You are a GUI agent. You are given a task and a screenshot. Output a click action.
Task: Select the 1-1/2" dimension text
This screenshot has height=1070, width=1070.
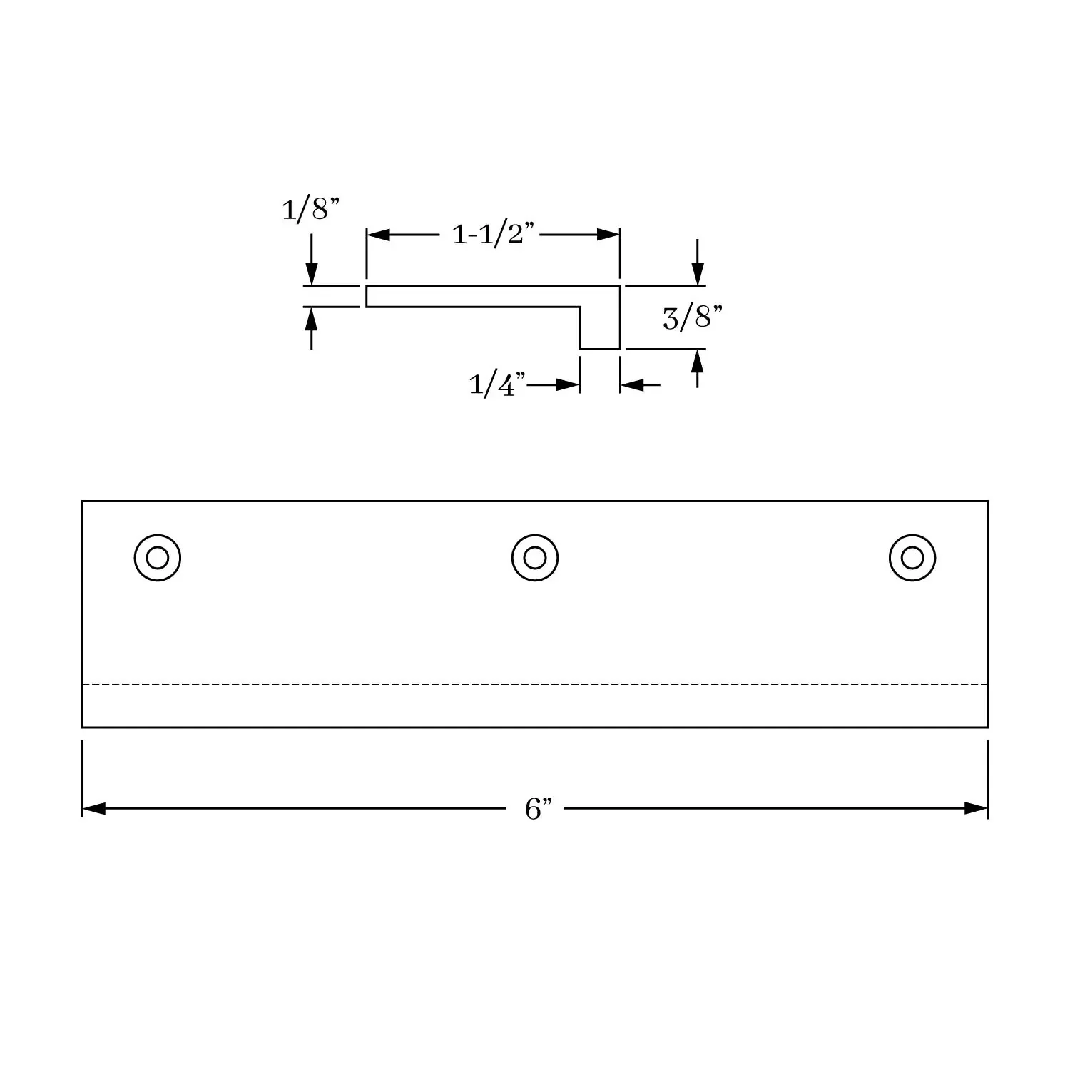coord(494,233)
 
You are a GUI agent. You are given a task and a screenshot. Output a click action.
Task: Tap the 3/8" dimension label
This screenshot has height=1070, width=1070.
coord(688,317)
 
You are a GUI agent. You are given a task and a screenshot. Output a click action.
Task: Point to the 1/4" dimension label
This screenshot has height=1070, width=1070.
coord(497,385)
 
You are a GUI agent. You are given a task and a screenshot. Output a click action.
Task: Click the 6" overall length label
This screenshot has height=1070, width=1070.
coord(539,809)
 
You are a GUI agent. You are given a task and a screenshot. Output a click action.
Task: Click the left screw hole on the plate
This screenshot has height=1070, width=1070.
coord(157,557)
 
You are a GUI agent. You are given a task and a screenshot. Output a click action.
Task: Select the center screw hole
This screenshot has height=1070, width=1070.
coord(535,557)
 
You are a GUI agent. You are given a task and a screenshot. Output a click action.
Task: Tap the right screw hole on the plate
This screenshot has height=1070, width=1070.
coord(912,557)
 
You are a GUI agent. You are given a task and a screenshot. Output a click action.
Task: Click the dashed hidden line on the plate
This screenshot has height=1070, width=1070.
coord(535,684)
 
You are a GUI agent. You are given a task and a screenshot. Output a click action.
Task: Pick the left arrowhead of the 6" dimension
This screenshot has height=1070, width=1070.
coord(93,809)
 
